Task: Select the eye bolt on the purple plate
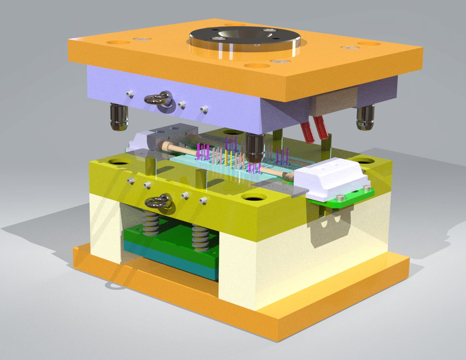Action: [158, 100]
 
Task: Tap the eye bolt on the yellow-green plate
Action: [158, 202]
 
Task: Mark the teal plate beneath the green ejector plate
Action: [169, 264]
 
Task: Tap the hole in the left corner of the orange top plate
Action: [117, 42]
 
